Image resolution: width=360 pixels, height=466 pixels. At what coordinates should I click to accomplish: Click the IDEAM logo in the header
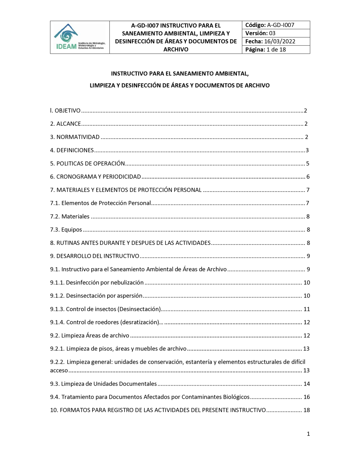80,37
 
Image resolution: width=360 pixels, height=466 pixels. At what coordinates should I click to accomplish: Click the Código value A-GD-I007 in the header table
280,25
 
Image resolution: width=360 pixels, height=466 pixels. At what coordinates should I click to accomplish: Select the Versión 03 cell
275,33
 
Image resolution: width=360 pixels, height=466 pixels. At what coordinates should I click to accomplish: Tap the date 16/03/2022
279,41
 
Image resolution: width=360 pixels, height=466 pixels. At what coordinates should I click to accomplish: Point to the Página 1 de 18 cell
275,50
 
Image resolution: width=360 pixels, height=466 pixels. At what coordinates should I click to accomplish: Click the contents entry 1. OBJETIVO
65,111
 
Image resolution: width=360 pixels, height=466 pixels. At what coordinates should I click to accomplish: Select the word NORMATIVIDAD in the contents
78,137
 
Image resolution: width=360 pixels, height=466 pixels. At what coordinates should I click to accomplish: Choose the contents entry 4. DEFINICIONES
72,151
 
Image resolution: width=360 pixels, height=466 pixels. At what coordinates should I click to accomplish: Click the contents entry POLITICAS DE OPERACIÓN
90,163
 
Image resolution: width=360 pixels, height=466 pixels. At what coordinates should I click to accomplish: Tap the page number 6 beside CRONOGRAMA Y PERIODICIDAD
308,177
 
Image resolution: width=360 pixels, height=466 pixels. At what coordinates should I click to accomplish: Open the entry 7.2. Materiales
70,216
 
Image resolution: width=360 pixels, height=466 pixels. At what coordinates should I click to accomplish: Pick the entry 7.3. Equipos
66,230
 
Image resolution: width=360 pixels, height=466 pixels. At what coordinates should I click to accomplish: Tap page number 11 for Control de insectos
306,309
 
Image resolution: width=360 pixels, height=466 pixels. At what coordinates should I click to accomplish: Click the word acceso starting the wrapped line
59,371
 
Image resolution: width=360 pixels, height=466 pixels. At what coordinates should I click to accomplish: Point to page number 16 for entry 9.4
306,397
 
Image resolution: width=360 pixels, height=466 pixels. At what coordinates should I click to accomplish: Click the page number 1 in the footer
308,434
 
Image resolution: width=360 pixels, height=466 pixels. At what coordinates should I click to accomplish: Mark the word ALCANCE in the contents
68,124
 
